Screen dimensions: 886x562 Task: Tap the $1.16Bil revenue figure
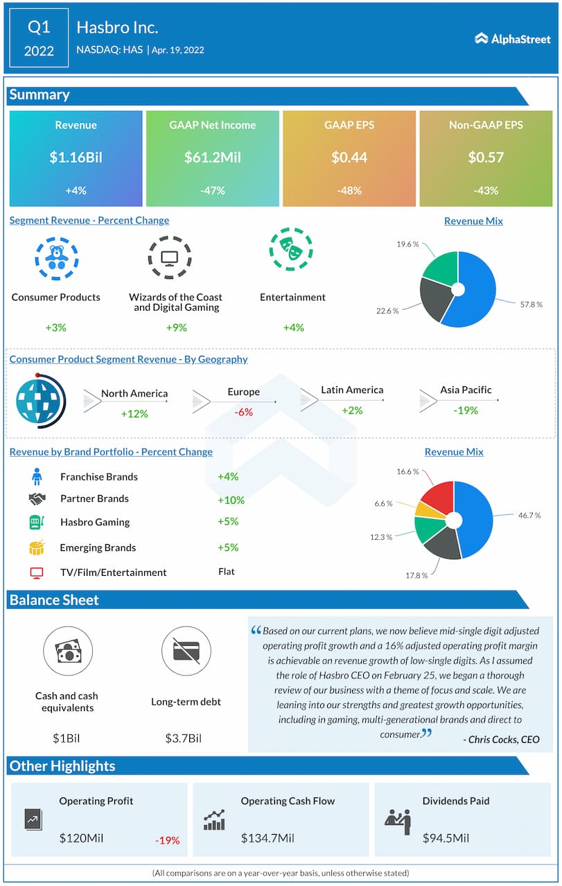tap(76, 157)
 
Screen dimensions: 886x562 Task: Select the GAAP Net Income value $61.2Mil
tap(212, 157)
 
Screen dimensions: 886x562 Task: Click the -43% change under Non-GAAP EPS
tap(486, 190)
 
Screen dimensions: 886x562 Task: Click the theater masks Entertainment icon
tap(291, 249)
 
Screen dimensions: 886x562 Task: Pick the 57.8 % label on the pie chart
tap(530, 304)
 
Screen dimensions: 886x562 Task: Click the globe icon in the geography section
tap(39, 399)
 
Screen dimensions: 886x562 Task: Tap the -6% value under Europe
tap(243, 412)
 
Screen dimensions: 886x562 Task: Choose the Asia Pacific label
tap(466, 390)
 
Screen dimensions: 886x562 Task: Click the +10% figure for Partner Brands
tap(231, 500)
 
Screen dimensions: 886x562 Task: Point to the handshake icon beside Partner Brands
tap(37, 498)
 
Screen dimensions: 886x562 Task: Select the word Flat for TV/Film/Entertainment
tap(226, 572)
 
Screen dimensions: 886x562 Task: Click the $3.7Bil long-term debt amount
tap(183, 738)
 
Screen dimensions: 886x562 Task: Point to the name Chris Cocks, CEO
tap(500, 739)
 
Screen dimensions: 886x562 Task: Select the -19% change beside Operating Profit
tap(167, 840)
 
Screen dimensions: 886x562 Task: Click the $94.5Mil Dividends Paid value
tap(446, 838)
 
